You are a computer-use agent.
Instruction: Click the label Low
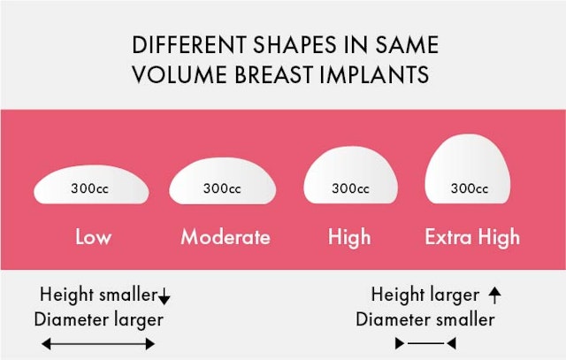click(93, 237)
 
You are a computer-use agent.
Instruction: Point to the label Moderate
click(226, 237)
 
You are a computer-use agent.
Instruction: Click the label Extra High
click(472, 237)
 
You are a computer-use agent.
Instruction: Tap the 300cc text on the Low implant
click(91, 188)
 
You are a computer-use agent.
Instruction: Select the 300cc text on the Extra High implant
click(470, 188)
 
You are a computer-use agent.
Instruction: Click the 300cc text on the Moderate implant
click(222, 188)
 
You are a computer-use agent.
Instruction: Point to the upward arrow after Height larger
click(494, 295)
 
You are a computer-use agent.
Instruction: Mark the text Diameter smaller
click(424, 318)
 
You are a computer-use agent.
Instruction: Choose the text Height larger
click(425, 295)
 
